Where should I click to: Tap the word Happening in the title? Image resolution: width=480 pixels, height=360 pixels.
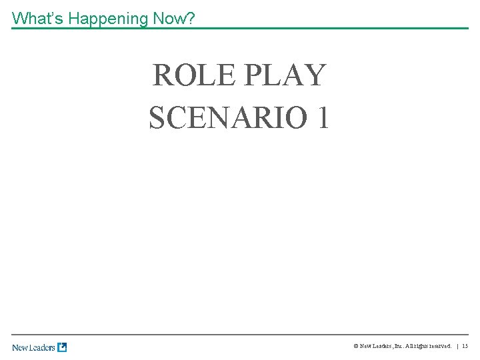coord(108,18)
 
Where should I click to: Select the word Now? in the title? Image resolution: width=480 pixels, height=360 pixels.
coord(174,18)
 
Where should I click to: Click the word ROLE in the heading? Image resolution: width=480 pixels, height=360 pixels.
coord(193,75)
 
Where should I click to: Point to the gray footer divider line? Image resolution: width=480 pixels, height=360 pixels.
coord(240,335)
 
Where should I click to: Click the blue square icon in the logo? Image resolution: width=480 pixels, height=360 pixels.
coord(62,347)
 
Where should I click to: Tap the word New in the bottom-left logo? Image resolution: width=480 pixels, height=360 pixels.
coord(19,347)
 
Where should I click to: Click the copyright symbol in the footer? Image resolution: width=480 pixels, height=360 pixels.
coord(356,347)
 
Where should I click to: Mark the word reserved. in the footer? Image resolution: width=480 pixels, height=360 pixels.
coord(439,347)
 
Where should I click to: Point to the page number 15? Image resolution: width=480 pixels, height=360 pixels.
coord(465,347)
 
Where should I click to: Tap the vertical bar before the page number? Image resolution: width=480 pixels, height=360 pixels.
coord(457,347)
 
